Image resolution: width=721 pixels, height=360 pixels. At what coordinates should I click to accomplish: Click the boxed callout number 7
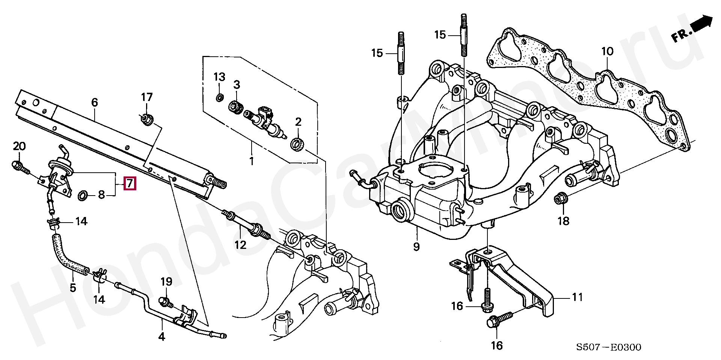[x=130, y=184]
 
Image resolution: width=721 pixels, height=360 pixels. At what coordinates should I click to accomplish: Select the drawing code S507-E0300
[x=609, y=347]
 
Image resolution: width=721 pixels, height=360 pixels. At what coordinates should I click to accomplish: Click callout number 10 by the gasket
[x=607, y=51]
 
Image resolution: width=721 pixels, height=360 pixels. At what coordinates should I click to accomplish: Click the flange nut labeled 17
[x=146, y=120]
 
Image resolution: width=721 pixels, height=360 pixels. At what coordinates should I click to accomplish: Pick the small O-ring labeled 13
[x=219, y=98]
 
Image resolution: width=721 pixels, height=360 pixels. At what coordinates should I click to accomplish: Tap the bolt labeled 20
[x=21, y=168]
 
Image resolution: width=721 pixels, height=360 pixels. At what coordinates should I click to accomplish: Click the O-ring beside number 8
[x=83, y=195]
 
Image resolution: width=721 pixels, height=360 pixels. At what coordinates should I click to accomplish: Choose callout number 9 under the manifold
[x=416, y=247]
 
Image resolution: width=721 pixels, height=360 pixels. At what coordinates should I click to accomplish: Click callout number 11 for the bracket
[x=577, y=297]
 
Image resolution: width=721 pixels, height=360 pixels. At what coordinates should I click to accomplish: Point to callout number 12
[x=240, y=245]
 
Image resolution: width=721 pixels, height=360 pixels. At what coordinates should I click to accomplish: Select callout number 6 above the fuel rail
[x=94, y=102]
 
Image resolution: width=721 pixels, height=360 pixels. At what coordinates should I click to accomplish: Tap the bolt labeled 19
[x=165, y=301]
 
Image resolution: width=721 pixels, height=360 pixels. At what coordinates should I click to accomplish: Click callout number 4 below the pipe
[x=161, y=336]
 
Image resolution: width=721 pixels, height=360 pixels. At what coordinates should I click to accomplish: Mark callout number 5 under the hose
[x=73, y=288]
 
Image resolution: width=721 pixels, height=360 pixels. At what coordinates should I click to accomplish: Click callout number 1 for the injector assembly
[x=252, y=161]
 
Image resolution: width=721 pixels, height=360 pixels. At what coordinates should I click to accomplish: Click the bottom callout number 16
[x=496, y=345]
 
